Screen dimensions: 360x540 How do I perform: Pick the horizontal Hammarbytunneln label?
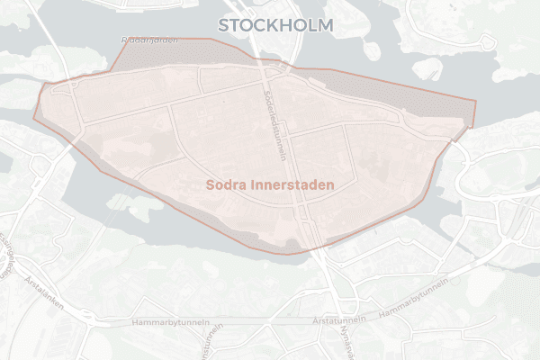(x=170, y=321)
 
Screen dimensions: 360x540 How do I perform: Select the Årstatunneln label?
(x=337, y=319)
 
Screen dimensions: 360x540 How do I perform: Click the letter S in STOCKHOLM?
(x=224, y=24)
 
